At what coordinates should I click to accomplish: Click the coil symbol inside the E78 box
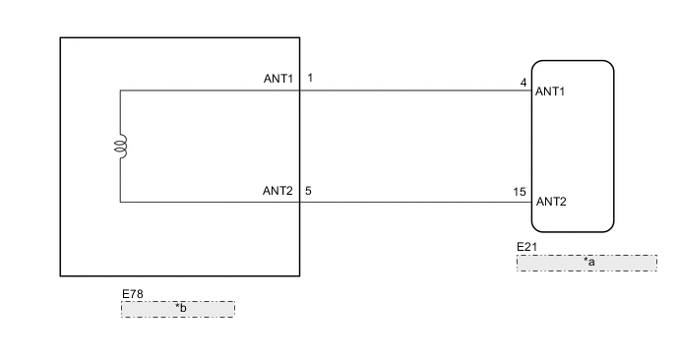121,148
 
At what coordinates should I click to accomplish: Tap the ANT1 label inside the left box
277,79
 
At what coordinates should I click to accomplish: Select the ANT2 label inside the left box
277,190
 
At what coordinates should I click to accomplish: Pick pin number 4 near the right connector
523,83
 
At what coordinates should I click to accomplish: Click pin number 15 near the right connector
521,193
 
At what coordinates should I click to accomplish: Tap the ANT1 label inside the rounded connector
551,92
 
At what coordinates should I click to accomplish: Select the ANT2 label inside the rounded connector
551,203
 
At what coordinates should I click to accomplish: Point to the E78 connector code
132,294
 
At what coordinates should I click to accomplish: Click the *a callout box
586,263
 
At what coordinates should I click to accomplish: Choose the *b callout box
178,309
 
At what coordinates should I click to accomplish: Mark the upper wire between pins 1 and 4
413,90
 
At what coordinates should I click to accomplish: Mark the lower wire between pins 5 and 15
413,202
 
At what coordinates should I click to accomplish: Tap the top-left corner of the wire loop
121,90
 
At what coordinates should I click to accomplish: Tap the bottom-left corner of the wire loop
121,202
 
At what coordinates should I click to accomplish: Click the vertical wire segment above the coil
121,113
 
